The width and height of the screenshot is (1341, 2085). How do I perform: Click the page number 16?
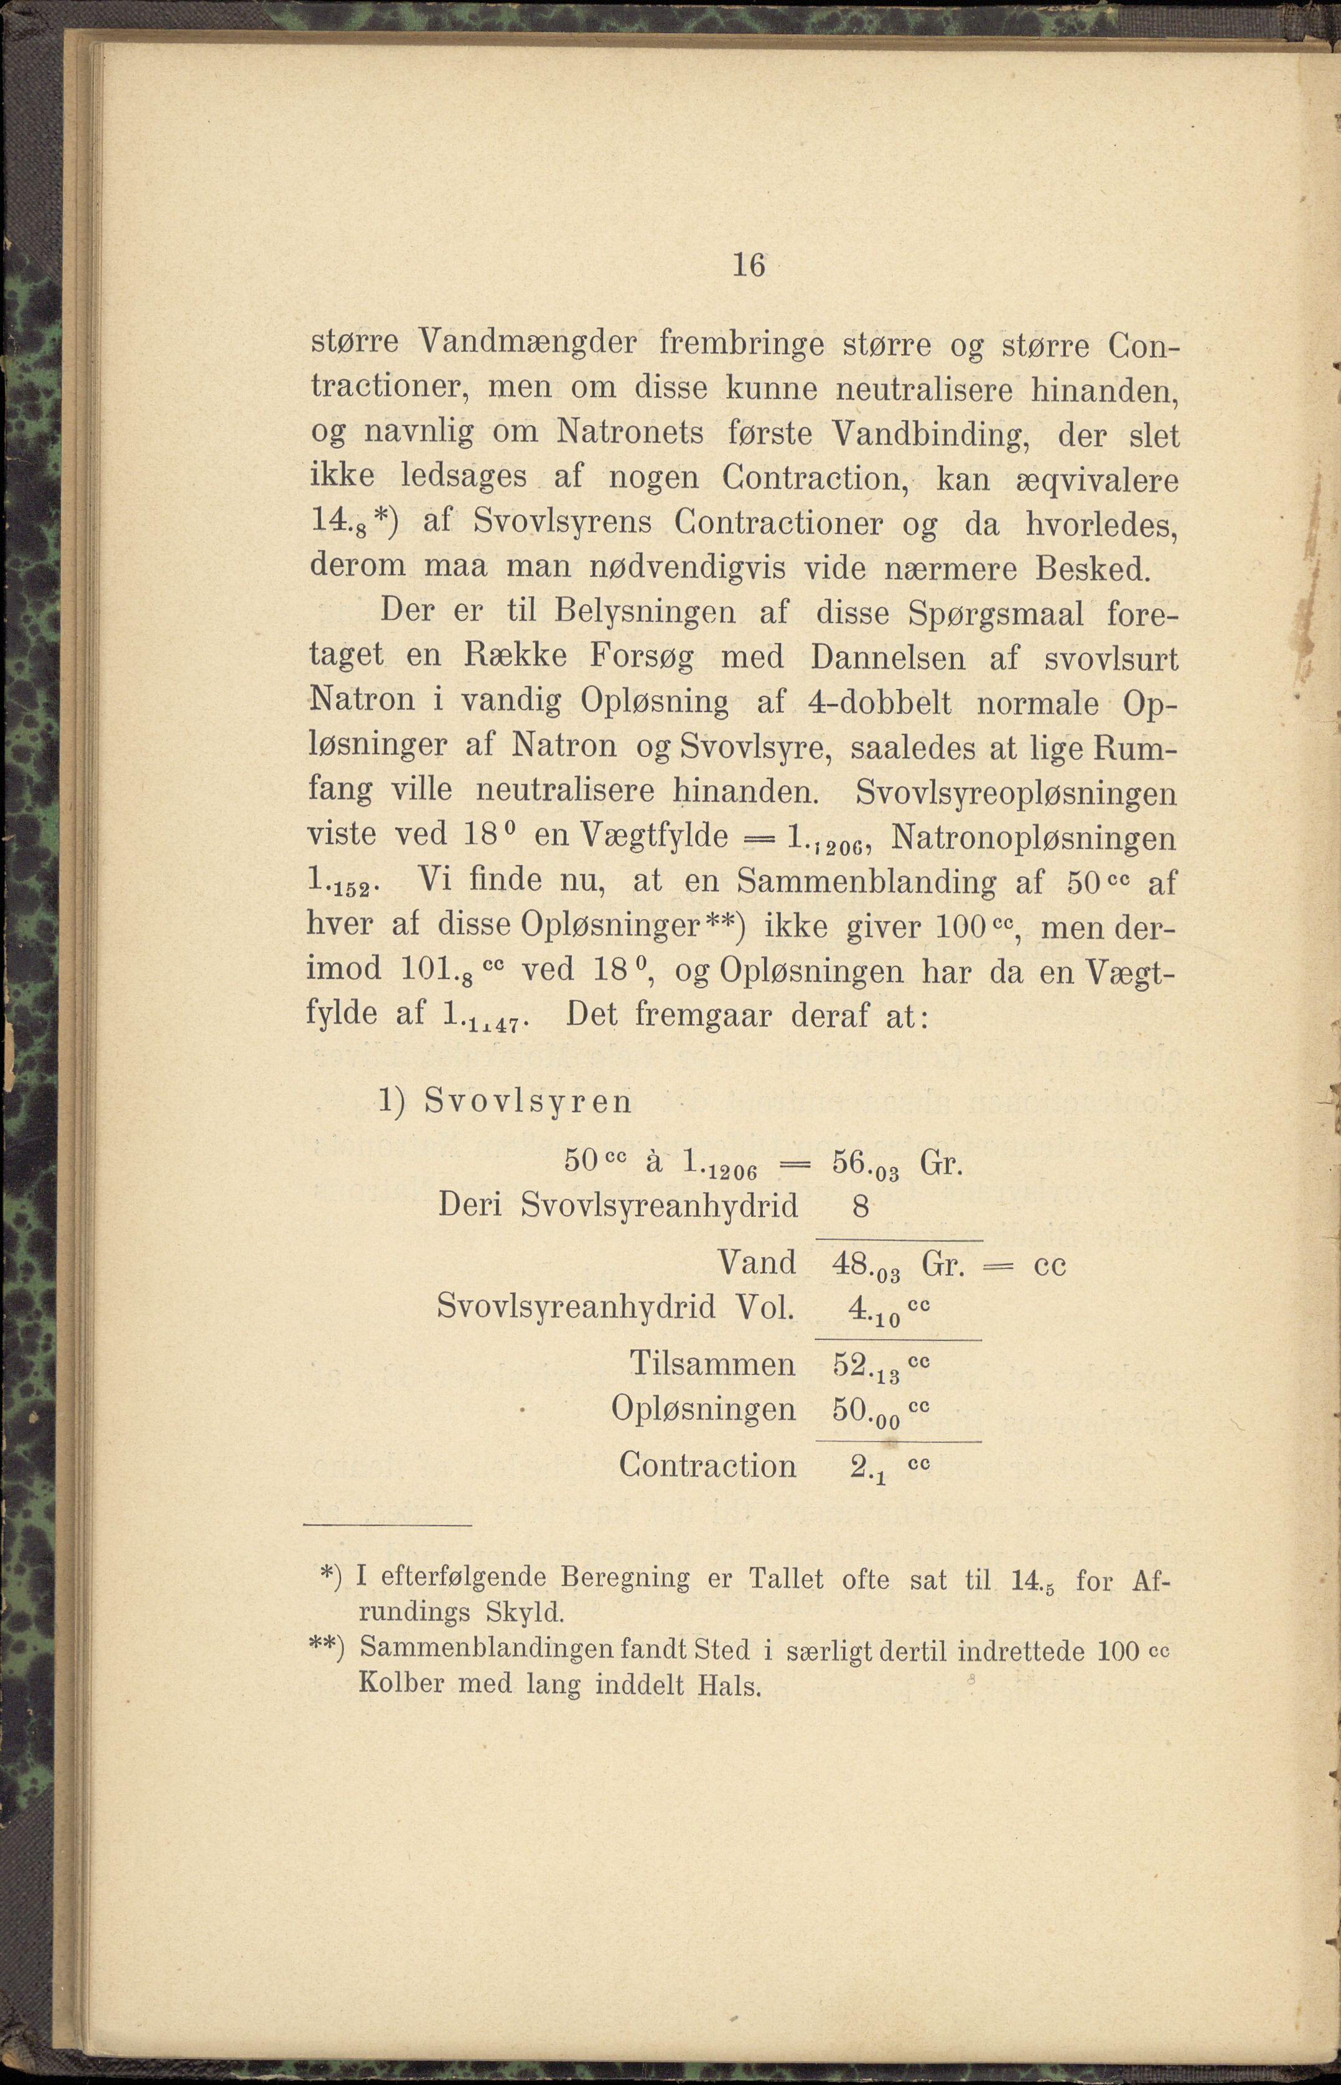(x=748, y=264)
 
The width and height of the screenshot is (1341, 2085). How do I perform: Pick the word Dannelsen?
(x=887, y=659)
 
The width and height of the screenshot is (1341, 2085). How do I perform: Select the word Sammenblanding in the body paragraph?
(x=866, y=883)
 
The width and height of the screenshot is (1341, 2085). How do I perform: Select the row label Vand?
(x=757, y=1263)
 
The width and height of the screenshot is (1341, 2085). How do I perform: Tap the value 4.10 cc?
(x=879, y=1309)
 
